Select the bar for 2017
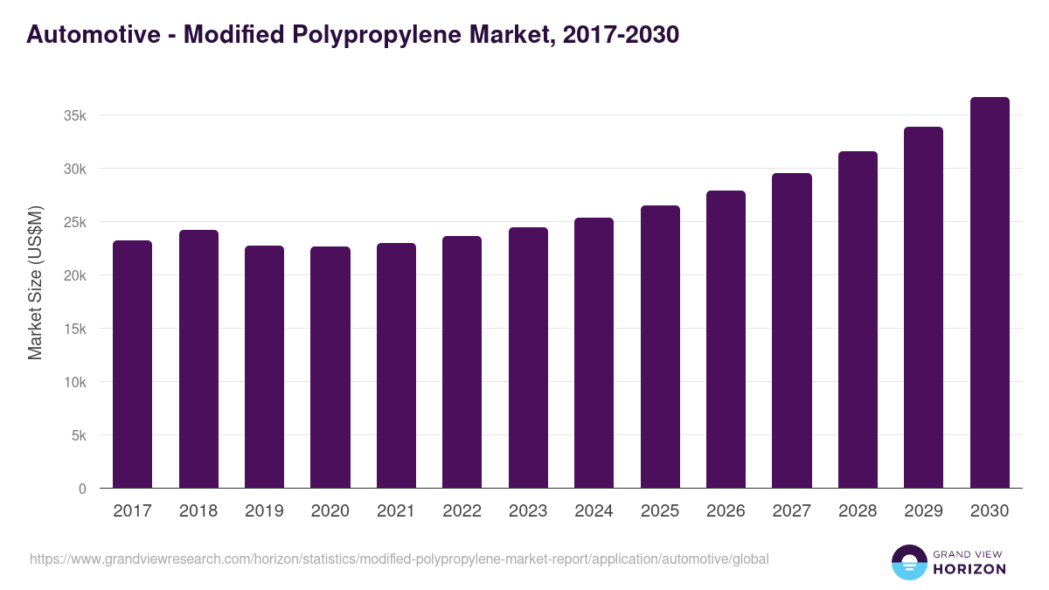point(132,364)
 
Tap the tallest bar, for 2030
point(990,293)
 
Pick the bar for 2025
point(660,347)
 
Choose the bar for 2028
point(858,320)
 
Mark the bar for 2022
point(462,362)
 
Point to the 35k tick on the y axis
point(73,115)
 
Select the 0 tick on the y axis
point(82,489)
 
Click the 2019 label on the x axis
point(264,511)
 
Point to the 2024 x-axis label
point(594,511)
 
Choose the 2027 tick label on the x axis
point(791,511)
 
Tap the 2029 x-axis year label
point(923,511)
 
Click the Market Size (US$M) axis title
point(35,283)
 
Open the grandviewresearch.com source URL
point(399,559)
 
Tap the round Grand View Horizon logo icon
point(909,562)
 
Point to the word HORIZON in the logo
point(969,569)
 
